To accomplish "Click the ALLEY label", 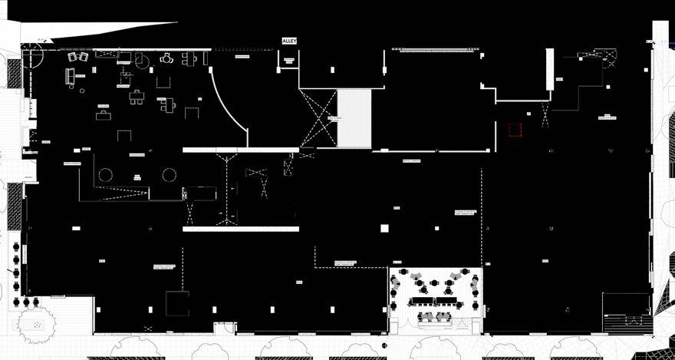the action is [289, 41].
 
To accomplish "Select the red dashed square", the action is [515, 130].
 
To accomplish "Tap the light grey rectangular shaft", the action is [354, 119].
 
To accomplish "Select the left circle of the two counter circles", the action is [106, 175].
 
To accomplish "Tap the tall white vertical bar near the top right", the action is [549, 69].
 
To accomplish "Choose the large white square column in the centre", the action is [384, 228].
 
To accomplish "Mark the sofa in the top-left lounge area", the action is [70, 76].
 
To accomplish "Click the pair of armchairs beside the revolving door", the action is [77, 56].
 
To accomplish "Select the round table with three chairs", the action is [167, 58].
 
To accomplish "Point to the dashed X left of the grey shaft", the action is [318, 119].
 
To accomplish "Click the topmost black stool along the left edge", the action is [16, 246].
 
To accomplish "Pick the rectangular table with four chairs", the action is [137, 97].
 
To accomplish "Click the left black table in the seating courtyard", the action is [420, 299].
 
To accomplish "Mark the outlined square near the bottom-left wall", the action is [177, 303].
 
